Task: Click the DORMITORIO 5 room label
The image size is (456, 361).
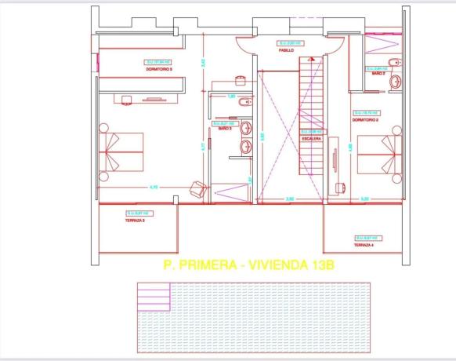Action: [x=159, y=69]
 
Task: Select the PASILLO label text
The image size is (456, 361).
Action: [x=286, y=49]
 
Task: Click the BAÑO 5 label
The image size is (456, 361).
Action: [x=224, y=129]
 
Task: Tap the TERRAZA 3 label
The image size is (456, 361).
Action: [x=136, y=221]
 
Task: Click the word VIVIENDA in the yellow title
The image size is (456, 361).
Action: [x=278, y=265]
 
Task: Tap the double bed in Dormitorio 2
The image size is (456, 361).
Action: [x=380, y=154]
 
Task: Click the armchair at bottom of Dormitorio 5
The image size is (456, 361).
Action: [x=197, y=188]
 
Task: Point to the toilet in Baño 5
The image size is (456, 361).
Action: [x=244, y=101]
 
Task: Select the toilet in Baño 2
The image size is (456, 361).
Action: [x=394, y=63]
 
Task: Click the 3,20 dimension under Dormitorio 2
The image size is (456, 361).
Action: [x=364, y=199]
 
